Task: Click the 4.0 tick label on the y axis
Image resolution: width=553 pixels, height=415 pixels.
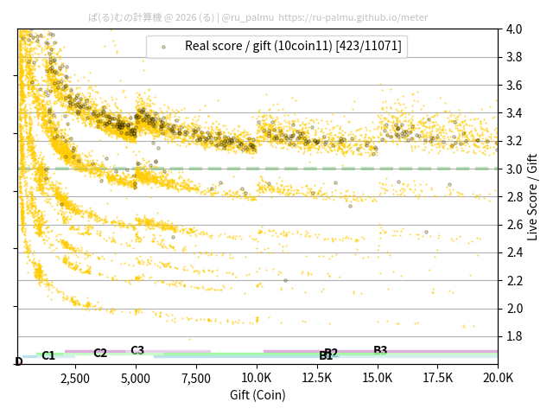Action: tap(514, 29)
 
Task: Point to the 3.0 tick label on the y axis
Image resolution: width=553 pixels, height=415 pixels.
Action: tap(514, 169)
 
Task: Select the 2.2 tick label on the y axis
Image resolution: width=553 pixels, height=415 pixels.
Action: tap(514, 280)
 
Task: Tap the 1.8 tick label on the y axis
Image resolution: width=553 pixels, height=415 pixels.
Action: tap(514, 336)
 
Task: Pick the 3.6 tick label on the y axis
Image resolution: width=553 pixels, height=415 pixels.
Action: tap(514, 85)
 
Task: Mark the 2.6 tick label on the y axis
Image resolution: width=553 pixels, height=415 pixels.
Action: tap(514, 225)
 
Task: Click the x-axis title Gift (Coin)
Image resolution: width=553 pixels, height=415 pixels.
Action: tap(257, 395)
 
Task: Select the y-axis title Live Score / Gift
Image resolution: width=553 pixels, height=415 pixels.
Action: tap(533, 196)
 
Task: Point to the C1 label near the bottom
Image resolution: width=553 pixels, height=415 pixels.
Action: tap(48, 355)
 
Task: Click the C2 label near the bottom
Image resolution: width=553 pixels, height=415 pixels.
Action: tap(100, 353)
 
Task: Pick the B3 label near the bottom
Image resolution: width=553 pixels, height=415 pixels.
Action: tap(380, 350)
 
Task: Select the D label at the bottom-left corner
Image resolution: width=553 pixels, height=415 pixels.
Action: tap(19, 361)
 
